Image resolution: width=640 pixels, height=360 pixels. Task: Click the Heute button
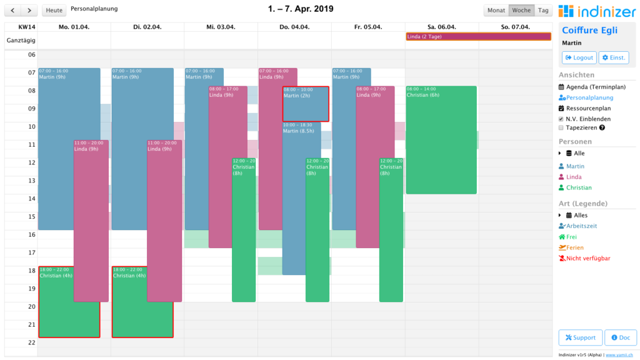pyautogui.click(x=54, y=10)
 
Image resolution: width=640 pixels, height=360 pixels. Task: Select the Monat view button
pyautogui.click(x=496, y=10)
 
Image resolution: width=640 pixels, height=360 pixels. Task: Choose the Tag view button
pyautogui.click(x=543, y=10)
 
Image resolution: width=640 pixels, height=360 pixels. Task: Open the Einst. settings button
pyautogui.click(x=614, y=57)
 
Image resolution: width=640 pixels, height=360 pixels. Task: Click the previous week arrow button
pyautogui.click(x=13, y=10)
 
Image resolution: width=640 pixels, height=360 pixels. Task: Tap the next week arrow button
pyautogui.click(x=29, y=10)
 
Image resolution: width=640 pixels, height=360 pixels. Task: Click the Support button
pyautogui.click(x=580, y=337)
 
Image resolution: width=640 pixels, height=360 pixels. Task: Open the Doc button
pyautogui.click(x=620, y=337)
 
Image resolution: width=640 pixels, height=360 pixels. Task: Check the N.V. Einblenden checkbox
pyautogui.click(x=561, y=119)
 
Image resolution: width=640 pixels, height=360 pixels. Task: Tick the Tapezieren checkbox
pyautogui.click(x=561, y=127)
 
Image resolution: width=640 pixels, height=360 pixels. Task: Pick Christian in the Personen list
pyautogui.click(x=579, y=187)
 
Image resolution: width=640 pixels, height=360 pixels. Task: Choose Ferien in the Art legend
pyautogui.click(x=575, y=247)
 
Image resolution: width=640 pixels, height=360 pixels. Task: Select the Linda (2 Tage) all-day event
pyautogui.click(x=478, y=37)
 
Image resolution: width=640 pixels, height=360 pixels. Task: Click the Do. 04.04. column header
pyautogui.click(x=294, y=27)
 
